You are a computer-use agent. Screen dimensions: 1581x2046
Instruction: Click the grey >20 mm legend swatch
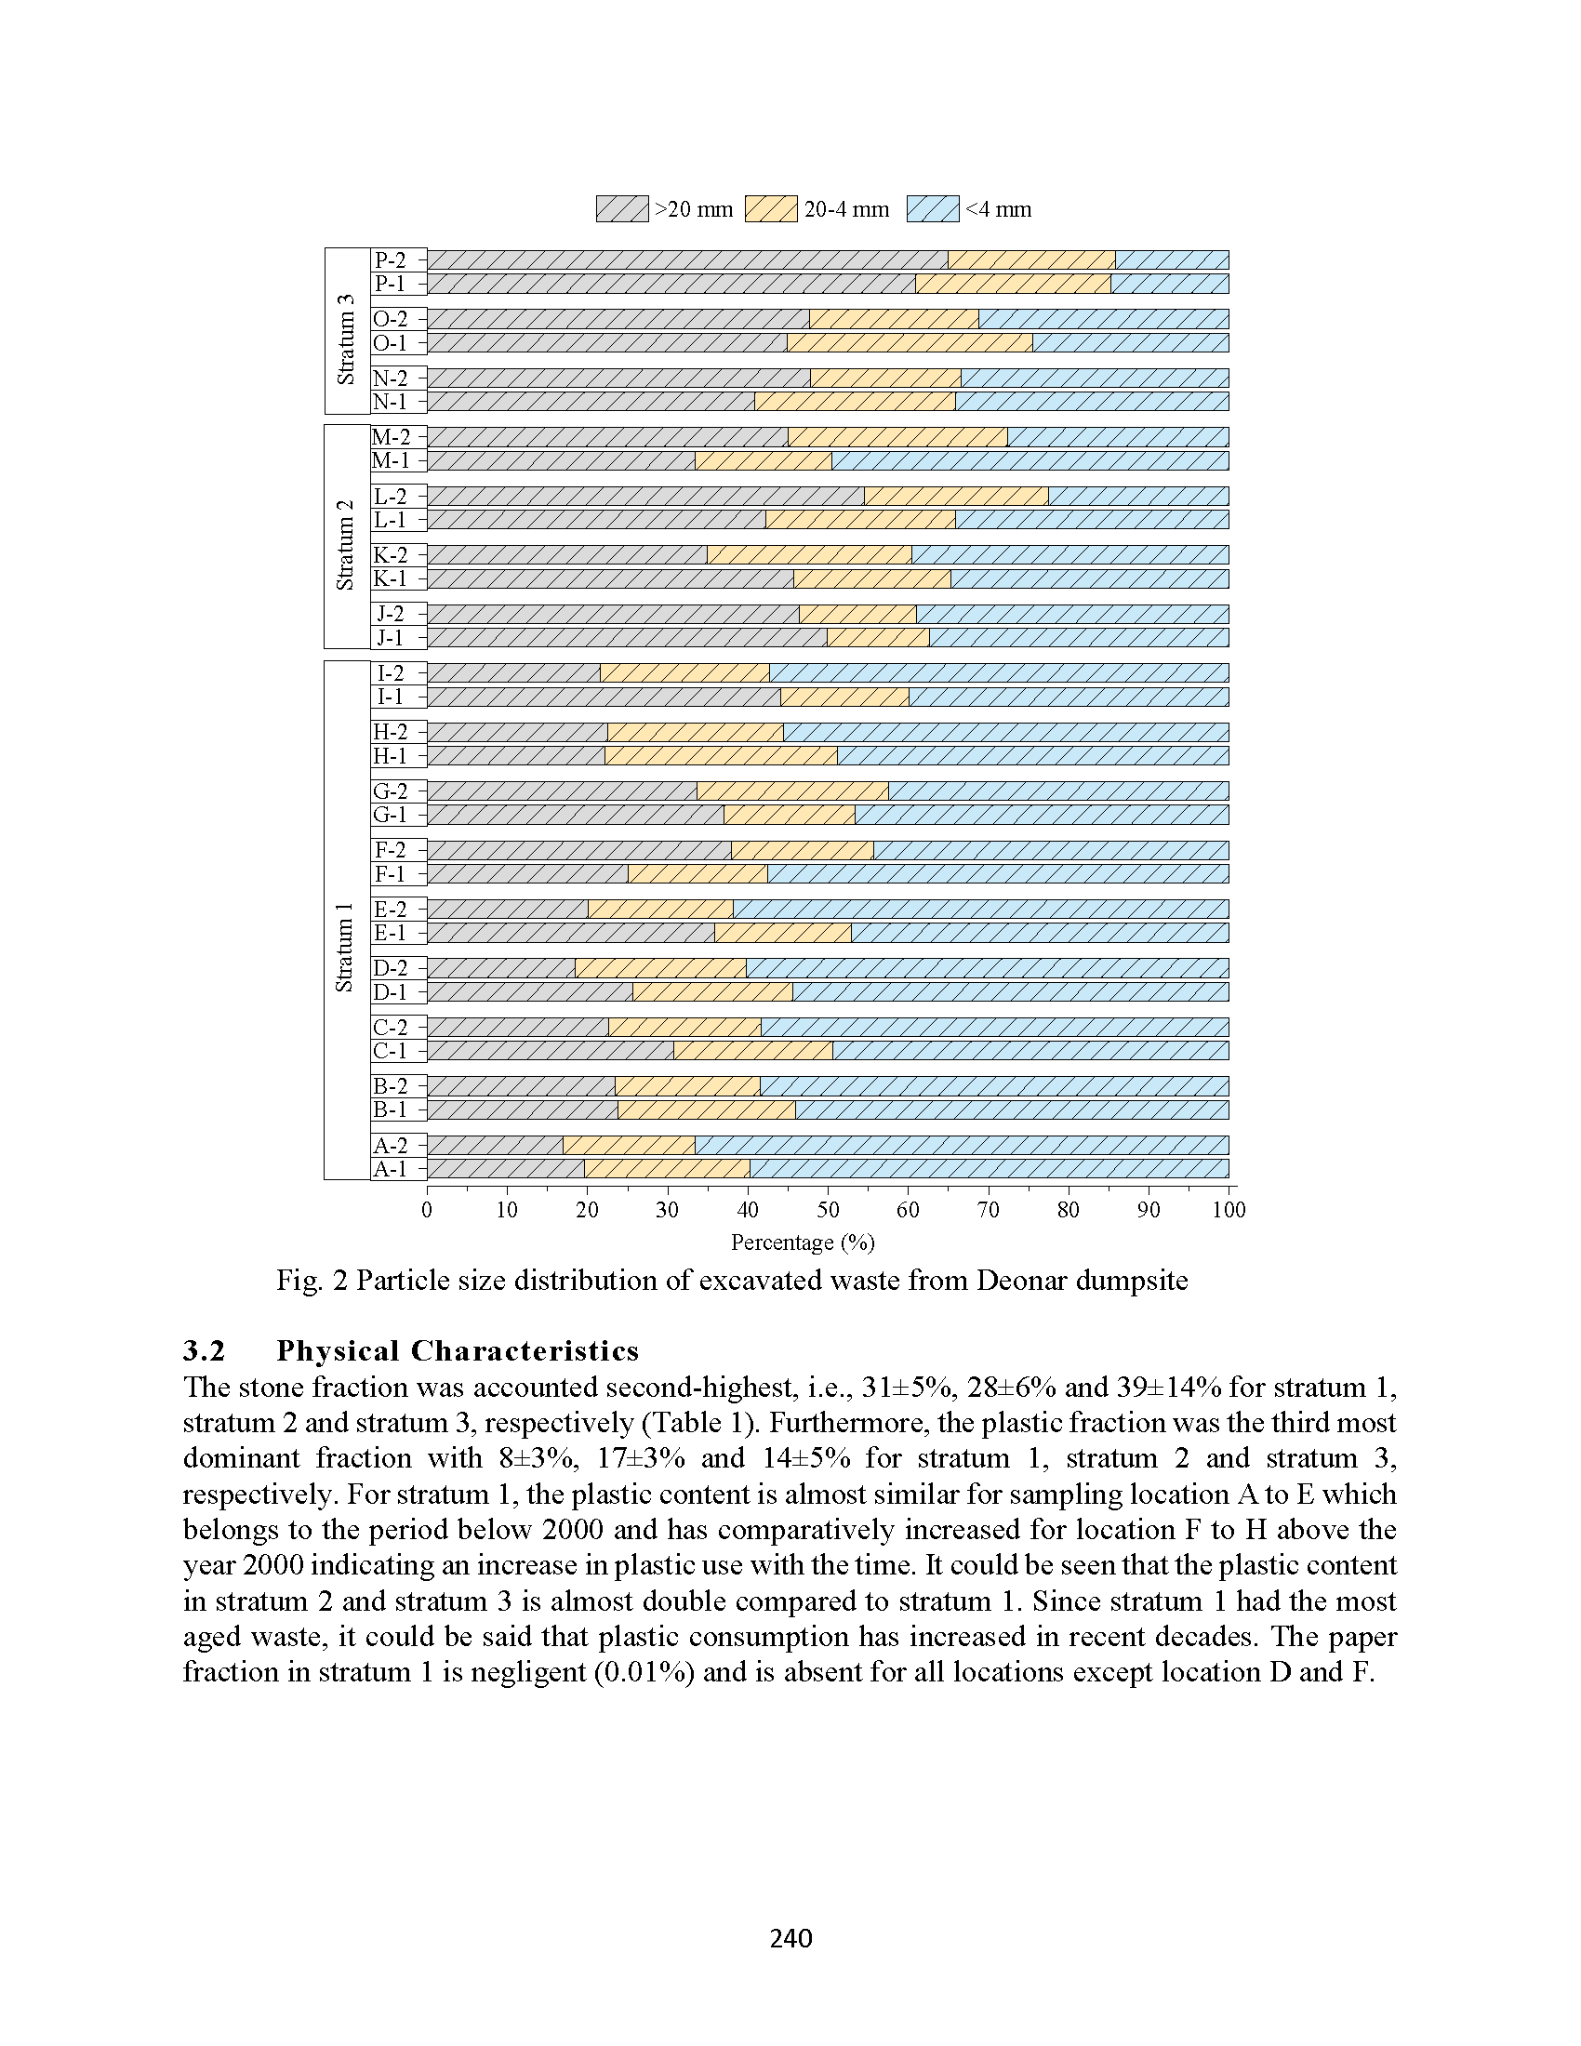coord(622,209)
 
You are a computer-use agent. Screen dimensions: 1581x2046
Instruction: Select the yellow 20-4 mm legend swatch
coord(771,209)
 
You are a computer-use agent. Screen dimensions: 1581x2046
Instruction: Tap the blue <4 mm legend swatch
coord(933,209)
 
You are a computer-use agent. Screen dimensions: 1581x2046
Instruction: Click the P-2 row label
coord(391,260)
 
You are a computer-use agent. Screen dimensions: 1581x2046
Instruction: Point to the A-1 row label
coord(391,1169)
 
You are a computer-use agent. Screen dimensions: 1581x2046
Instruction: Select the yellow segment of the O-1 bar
coord(910,343)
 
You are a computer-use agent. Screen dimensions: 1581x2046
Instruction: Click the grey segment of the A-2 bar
coord(496,1146)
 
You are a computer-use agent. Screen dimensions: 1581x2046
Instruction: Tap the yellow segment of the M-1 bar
coord(764,461)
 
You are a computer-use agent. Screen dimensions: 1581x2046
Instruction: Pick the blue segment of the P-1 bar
coord(1170,284)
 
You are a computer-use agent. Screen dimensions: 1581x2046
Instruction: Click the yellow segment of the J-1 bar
coord(879,638)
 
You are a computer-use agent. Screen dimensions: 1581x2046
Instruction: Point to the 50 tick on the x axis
coord(828,1189)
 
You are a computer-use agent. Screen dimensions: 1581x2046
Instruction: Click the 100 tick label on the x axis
coord(1229,1209)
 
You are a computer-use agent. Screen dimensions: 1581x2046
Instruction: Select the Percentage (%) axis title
coord(803,1242)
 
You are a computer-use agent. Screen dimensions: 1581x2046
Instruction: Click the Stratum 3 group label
coord(346,339)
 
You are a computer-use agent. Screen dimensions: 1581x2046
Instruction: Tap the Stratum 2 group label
coord(346,544)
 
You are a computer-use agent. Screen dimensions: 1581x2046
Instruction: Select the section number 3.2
coord(205,1351)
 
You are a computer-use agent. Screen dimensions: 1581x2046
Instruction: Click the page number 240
coord(790,1938)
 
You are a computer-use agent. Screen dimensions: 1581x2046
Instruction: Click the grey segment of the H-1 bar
coord(516,756)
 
